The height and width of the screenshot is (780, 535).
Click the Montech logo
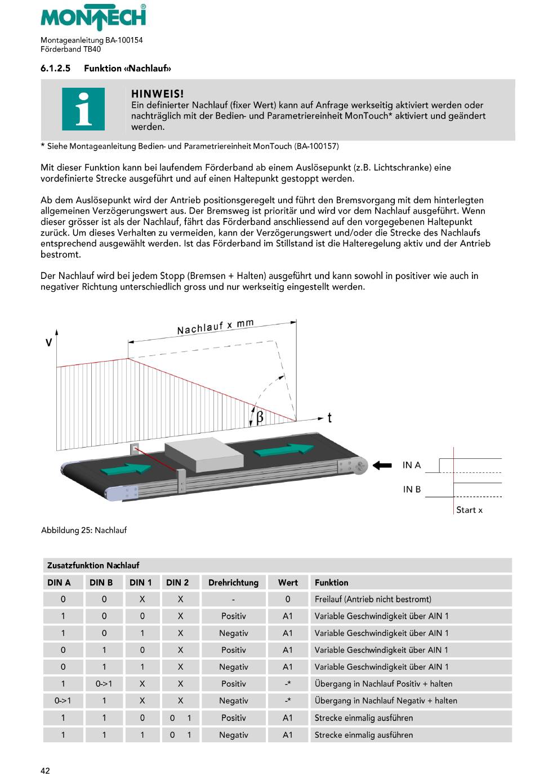(93, 17)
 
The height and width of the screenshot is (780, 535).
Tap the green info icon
(83, 109)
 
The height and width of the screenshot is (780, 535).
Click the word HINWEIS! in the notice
(157, 94)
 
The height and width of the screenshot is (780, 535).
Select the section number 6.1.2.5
(55, 69)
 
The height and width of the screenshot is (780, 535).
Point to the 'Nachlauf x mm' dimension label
(215, 327)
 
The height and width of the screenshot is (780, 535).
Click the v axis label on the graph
(49, 342)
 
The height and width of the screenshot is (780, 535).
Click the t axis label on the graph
(329, 417)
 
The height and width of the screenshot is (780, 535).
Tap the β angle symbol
(260, 417)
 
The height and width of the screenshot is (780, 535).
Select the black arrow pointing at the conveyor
(382, 465)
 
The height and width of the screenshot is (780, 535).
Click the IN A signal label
(412, 465)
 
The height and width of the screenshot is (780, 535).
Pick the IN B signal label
(412, 489)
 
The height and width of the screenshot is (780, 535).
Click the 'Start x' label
(469, 510)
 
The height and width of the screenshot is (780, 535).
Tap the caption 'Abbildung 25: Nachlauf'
(84, 530)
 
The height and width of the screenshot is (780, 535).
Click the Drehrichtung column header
(233, 583)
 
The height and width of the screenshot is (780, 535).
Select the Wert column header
(288, 583)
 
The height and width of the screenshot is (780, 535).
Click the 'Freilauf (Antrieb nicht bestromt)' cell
(373, 599)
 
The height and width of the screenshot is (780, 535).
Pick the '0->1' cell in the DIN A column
(63, 701)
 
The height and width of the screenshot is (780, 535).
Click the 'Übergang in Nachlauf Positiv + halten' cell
(384, 684)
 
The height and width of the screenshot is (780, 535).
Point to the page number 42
(45, 770)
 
